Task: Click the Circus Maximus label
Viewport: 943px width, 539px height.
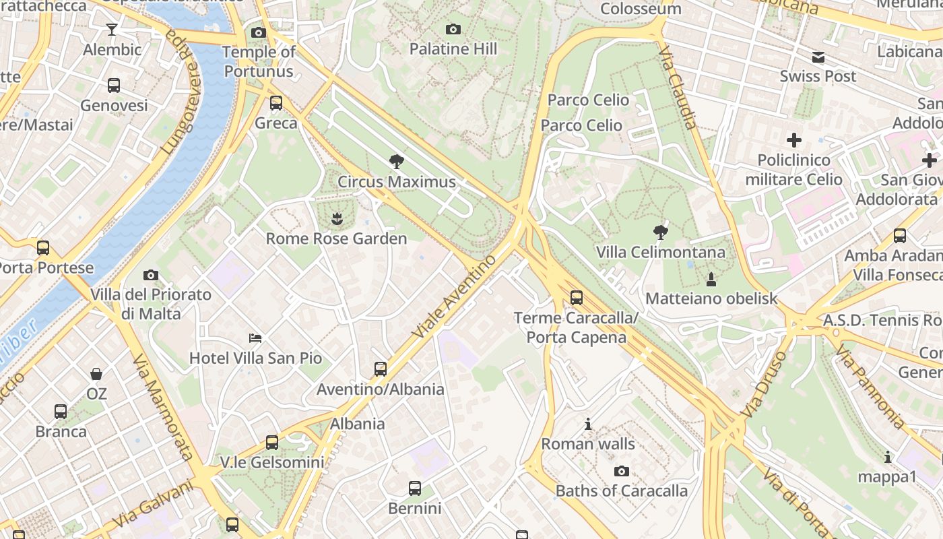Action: pos(396,182)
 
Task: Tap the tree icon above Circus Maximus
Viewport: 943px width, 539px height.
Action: pos(396,161)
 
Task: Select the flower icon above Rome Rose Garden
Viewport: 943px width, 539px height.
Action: pos(335,218)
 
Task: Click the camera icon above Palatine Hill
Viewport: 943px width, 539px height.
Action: pos(453,29)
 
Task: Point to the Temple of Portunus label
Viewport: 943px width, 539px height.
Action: pos(259,61)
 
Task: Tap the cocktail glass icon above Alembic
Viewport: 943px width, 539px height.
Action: pos(112,29)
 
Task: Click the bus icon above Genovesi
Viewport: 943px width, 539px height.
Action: pos(114,86)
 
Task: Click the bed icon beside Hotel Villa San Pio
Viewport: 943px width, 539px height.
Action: pos(255,338)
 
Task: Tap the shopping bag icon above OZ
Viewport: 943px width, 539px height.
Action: pos(96,373)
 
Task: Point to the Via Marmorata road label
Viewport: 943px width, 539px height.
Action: pos(164,407)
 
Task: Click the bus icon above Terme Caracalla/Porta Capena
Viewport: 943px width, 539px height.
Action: pos(576,297)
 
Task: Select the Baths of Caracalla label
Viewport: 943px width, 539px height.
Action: pos(622,490)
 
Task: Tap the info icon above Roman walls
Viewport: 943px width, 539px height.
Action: pos(588,424)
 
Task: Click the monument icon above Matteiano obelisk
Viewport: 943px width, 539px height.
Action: pos(711,278)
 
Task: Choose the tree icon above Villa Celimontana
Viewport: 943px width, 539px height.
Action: pos(660,232)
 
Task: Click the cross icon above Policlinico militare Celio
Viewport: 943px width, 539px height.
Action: pos(794,140)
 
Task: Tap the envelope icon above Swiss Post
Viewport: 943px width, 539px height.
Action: pos(818,57)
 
